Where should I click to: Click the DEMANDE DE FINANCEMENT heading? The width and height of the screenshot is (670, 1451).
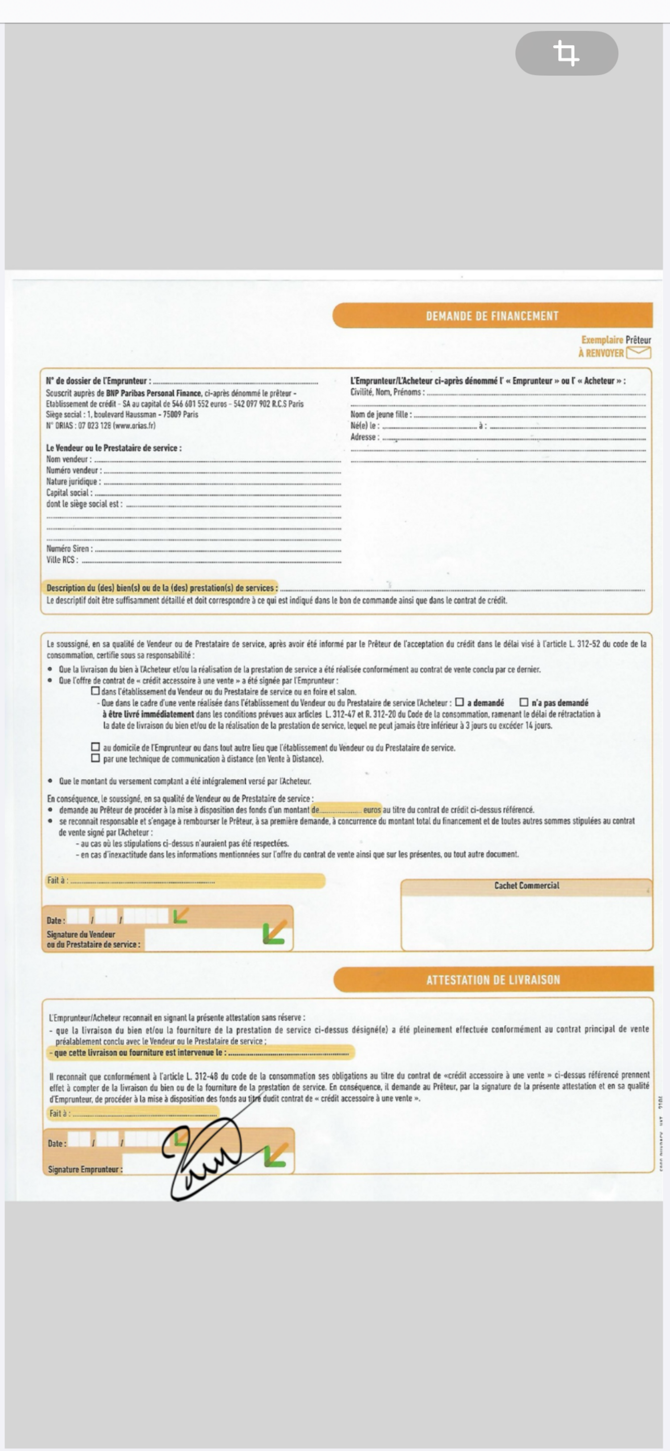click(492, 316)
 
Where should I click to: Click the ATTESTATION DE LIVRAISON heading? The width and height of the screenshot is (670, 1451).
click(493, 980)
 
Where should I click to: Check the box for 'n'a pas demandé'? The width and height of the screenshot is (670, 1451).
click(524, 702)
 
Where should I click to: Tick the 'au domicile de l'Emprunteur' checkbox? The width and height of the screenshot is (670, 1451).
click(96, 747)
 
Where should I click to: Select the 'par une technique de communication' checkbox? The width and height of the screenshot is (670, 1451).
click(96, 758)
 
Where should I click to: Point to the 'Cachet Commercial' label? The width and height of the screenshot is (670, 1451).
click(526, 885)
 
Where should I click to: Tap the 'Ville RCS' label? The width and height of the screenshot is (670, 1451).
click(62, 560)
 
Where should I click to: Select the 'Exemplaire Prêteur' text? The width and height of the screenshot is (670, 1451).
click(616, 340)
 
